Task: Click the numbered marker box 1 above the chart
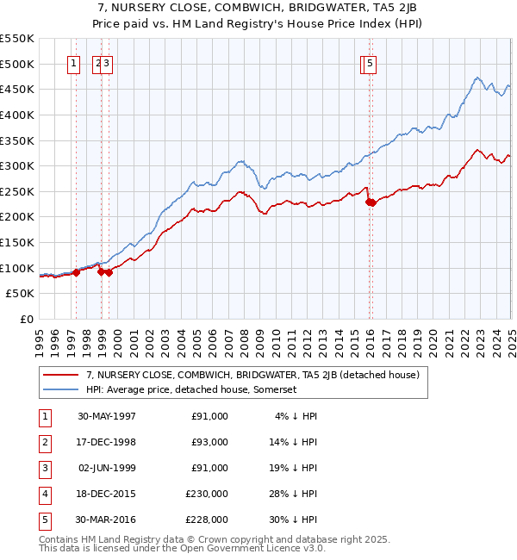point(74,62)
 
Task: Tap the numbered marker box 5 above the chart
point(370,62)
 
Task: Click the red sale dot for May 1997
point(76,272)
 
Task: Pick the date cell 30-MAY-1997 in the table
point(107,416)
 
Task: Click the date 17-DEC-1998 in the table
point(107,442)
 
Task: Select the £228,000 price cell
point(209,520)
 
